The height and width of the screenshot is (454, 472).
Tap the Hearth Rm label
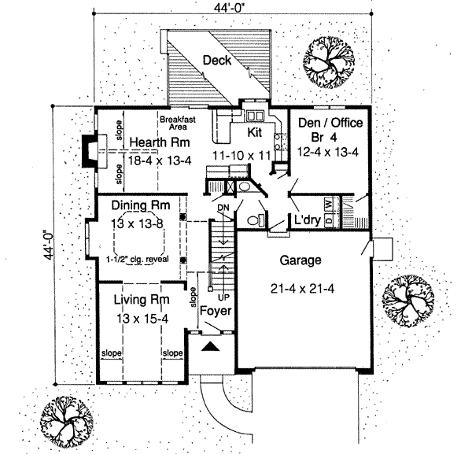[157, 142]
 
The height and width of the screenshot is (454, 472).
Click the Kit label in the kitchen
[256, 133]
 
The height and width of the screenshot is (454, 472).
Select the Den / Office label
[325, 123]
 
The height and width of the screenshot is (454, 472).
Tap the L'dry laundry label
[308, 220]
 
